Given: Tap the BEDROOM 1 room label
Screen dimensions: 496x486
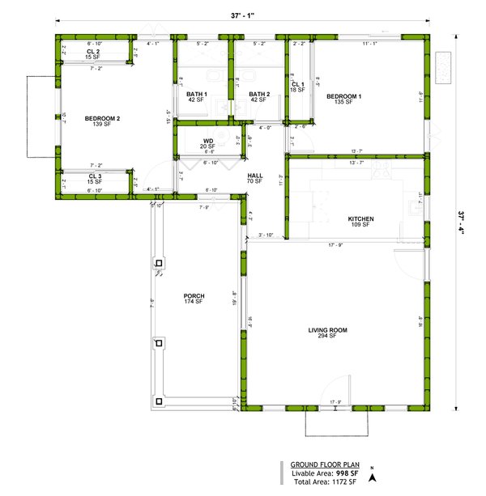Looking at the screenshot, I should (x=343, y=96).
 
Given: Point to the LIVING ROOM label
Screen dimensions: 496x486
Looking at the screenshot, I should (x=327, y=329).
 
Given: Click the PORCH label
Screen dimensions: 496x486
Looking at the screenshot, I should (x=194, y=296).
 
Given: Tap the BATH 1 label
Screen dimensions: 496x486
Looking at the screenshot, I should (x=197, y=95).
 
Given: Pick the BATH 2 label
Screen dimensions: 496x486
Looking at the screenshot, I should (x=259, y=95).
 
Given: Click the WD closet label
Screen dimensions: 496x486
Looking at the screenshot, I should (x=208, y=141).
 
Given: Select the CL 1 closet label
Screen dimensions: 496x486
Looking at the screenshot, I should (x=297, y=84).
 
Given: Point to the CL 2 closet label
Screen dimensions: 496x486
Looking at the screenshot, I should (x=93, y=51).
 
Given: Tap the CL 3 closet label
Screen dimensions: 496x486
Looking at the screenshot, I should (x=94, y=176).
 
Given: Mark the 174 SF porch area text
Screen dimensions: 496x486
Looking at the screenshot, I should (x=194, y=302).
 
